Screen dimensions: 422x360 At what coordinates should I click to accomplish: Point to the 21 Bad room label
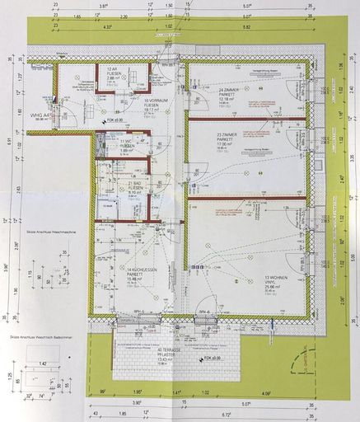click(x=136, y=187)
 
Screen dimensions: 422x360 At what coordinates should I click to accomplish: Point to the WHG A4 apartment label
click(x=41, y=116)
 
